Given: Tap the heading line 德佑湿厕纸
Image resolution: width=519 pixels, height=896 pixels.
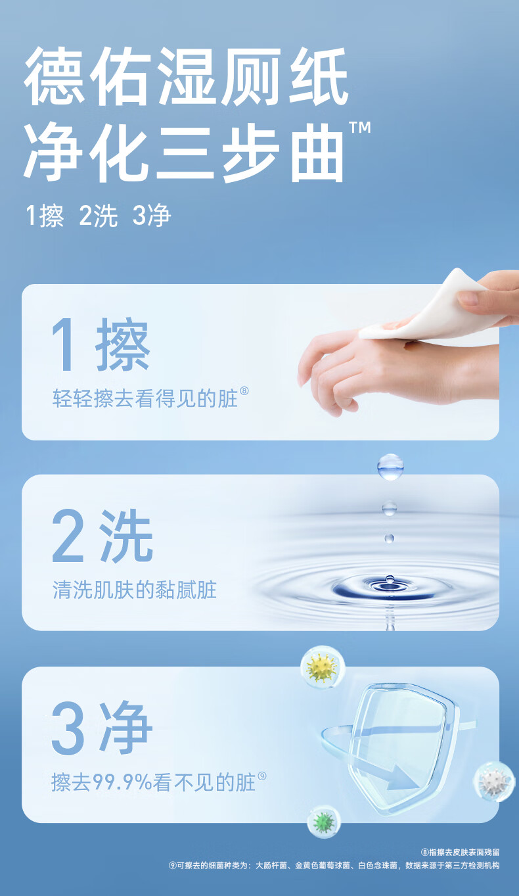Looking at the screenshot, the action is tap(186, 77).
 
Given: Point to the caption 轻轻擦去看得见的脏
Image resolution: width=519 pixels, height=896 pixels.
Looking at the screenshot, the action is tap(145, 398).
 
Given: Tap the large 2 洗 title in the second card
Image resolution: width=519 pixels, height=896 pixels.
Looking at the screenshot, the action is tap(102, 536).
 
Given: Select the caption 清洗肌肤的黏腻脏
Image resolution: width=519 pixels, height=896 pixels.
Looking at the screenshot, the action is tap(135, 590).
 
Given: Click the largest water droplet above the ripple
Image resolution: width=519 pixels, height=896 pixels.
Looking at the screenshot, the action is tap(390, 467).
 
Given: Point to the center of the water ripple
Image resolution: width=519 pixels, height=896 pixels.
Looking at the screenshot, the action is tap(388, 586).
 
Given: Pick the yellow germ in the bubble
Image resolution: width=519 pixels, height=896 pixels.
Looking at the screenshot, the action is tap(323, 668).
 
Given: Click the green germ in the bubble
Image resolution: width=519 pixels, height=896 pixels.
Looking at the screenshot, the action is tap(324, 822).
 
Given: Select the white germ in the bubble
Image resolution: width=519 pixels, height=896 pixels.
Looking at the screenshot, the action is tap(495, 782).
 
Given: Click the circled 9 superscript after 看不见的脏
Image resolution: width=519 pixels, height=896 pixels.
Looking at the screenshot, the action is tap(261, 776).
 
